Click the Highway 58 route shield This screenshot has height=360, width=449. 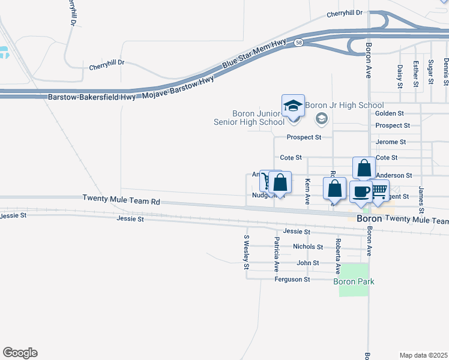point(298,43)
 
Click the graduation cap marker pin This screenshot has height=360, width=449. point(293,106)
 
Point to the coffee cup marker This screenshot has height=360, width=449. point(360,192)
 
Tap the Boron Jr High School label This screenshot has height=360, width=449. point(344,106)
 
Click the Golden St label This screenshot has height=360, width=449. point(390,113)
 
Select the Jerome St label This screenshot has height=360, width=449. point(391,142)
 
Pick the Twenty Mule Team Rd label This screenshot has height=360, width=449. point(122,197)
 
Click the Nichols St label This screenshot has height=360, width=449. point(308,247)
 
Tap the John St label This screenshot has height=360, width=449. point(308,263)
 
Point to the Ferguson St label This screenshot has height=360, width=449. point(292,280)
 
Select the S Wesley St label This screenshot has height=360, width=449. point(246,252)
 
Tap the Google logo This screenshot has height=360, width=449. point(20,353)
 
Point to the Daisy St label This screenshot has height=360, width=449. point(400,76)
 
